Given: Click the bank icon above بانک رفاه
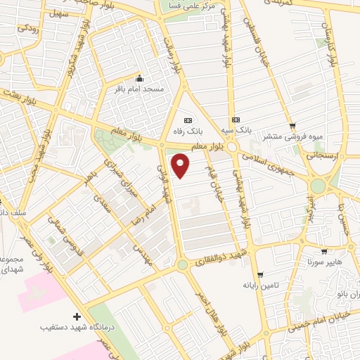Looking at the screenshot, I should pyautogui.click(x=187, y=120).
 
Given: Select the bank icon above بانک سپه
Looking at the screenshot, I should pyautogui.click(x=236, y=120).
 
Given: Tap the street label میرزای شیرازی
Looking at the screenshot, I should pyautogui.click(x=117, y=172).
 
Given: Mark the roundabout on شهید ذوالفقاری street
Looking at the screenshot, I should pyautogui.click(x=183, y=265).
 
